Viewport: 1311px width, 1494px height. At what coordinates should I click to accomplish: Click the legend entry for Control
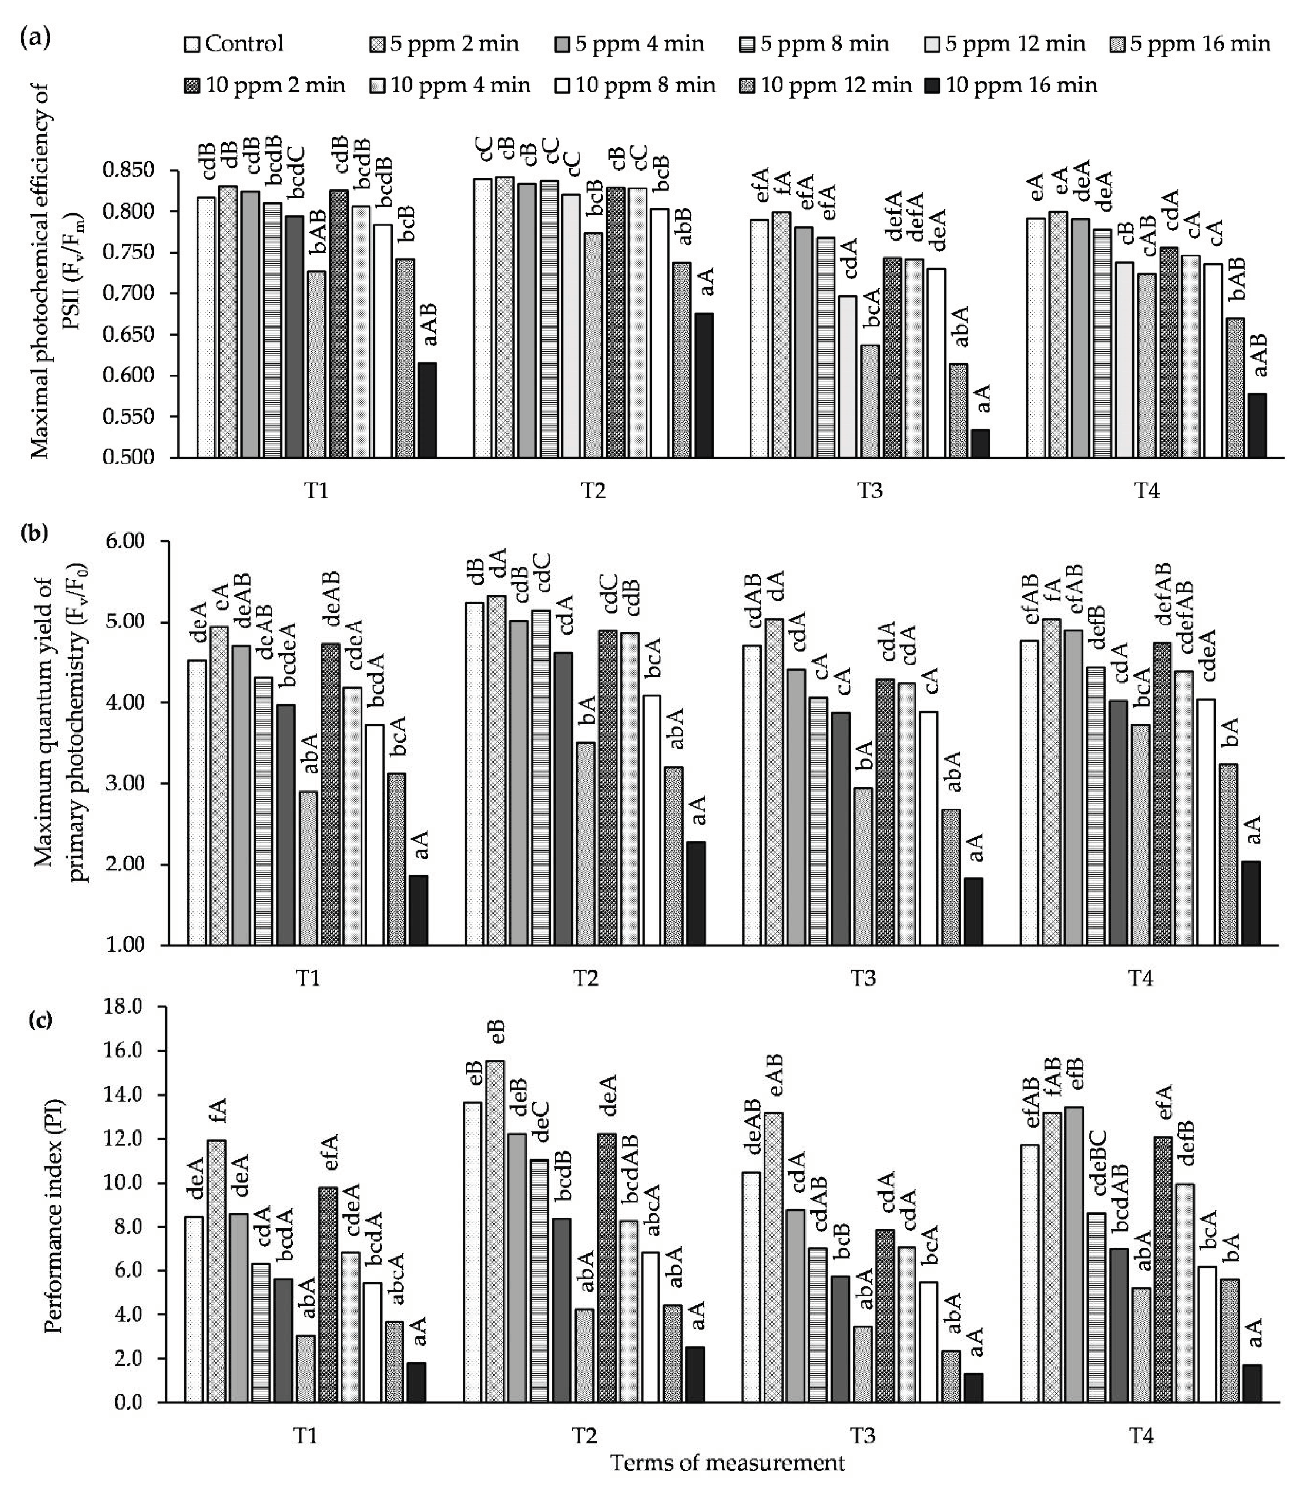(234, 44)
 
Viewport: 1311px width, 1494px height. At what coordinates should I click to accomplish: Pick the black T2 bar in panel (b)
(695, 893)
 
